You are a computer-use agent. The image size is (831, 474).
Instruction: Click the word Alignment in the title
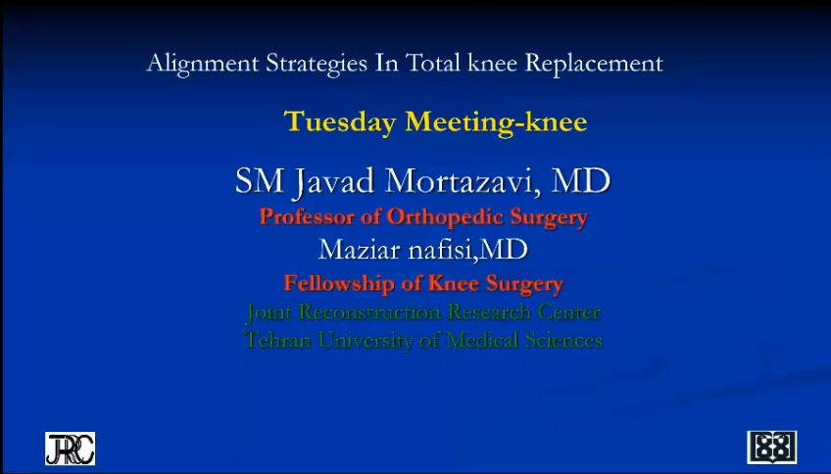tap(203, 65)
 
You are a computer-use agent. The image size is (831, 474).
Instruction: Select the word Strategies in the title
tap(317, 65)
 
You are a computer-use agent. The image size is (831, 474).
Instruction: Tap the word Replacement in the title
tap(594, 64)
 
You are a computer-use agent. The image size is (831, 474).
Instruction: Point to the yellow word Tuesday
tap(340, 122)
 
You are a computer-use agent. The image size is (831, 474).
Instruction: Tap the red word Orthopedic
tap(445, 217)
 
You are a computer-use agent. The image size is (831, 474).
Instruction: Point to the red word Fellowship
tap(339, 283)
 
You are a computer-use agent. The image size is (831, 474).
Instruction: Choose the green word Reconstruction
tap(369, 312)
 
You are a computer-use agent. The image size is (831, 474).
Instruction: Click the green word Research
tap(489, 312)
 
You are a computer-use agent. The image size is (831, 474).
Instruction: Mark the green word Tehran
tap(277, 340)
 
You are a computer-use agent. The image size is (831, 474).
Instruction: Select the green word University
tap(366, 341)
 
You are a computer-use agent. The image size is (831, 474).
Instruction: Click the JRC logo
tap(70, 449)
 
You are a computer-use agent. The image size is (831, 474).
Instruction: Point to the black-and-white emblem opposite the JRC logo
tap(771, 448)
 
